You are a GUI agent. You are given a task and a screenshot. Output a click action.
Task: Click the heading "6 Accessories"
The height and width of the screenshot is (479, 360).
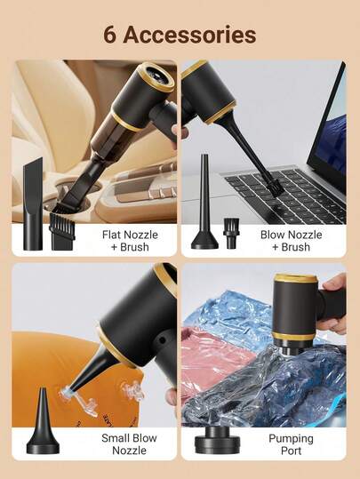(x=180, y=35)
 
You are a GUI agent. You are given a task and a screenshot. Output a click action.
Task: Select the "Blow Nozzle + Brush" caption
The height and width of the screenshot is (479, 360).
(x=291, y=240)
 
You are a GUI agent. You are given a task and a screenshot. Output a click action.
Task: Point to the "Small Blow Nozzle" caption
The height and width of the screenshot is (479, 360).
(x=129, y=444)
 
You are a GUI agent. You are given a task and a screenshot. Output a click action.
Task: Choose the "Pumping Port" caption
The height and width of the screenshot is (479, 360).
(x=291, y=444)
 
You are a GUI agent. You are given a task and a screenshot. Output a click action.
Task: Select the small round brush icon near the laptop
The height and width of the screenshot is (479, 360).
(x=231, y=232)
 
